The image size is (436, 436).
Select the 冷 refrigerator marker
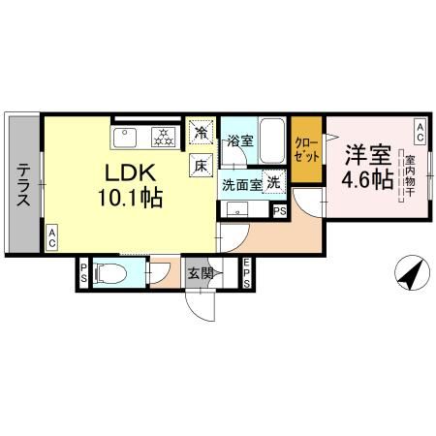coord(201,132)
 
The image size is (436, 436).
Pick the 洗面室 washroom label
coord(240,183)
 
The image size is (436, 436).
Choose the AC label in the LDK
coord(51,236)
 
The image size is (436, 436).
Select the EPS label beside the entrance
coord(248,274)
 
